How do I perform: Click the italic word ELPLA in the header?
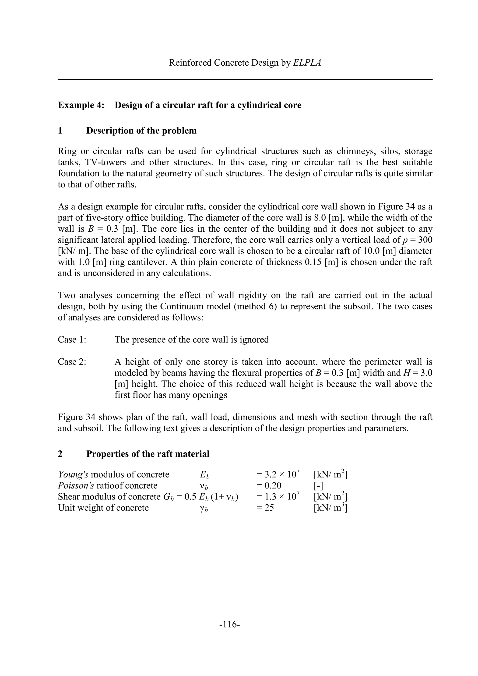tap(307, 63)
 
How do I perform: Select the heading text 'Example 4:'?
tap(81, 105)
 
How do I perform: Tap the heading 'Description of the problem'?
tap(141, 131)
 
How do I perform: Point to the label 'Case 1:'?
tap(72, 340)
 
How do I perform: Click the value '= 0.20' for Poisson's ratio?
tap(269, 485)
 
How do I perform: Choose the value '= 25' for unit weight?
tap(265, 508)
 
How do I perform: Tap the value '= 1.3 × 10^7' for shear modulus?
tap(278, 497)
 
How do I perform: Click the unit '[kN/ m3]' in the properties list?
tap(330, 508)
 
